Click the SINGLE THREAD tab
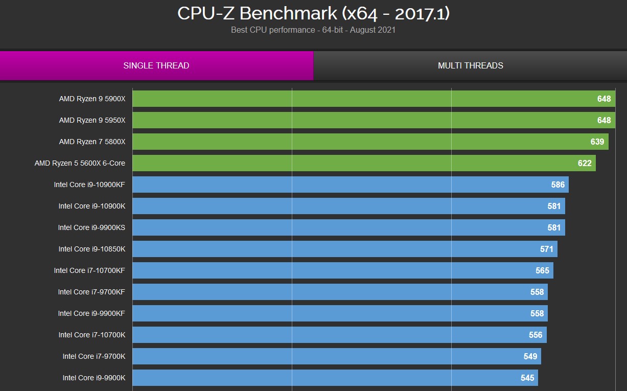(x=156, y=65)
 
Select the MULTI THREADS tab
(x=470, y=65)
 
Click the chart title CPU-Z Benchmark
(x=313, y=14)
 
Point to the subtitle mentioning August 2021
(x=313, y=30)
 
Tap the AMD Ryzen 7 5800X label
(x=92, y=142)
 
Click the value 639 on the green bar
(x=597, y=142)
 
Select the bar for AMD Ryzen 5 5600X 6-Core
(x=358, y=163)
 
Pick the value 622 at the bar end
(x=585, y=163)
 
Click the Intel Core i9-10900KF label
(x=89, y=185)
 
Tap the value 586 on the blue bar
(x=558, y=185)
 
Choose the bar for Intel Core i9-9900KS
(x=347, y=227)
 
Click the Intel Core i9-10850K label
(x=92, y=249)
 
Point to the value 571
(x=547, y=249)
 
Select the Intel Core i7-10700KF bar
(x=342, y=270)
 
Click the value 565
(x=542, y=270)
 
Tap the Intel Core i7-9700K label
(x=94, y=356)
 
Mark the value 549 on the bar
(x=530, y=356)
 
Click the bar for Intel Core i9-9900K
(x=335, y=378)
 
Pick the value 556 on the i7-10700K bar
(x=536, y=335)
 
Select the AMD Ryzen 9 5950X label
(x=92, y=120)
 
